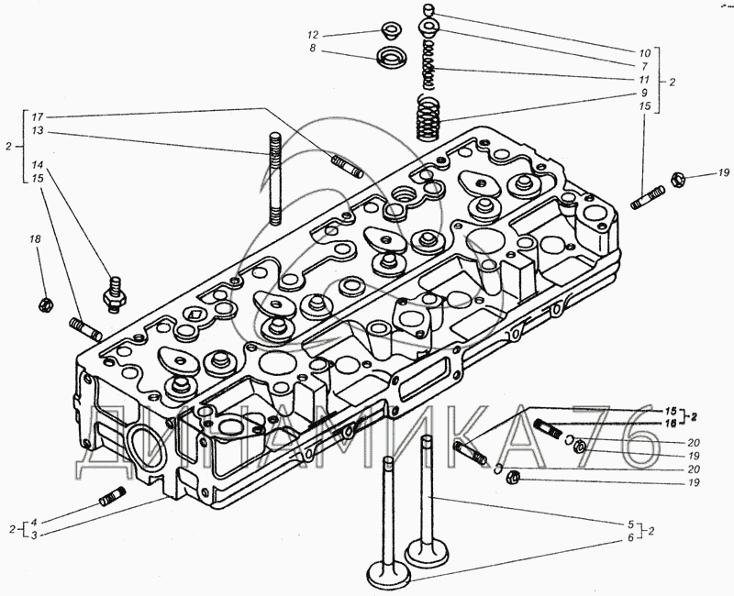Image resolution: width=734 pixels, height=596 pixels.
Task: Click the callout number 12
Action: pyautogui.click(x=313, y=35)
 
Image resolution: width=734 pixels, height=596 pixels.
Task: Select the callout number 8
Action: pyautogui.click(x=313, y=49)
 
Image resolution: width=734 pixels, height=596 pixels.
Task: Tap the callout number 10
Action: pyautogui.click(x=645, y=52)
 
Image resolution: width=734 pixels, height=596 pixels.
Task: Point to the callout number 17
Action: pyautogui.click(x=37, y=117)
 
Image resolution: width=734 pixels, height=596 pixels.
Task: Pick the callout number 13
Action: pyautogui.click(x=37, y=132)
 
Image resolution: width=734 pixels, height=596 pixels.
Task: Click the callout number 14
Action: pyautogui.click(x=37, y=166)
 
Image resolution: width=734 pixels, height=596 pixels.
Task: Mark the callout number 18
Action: pyautogui.click(x=36, y=239)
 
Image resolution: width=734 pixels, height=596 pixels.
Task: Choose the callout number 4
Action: pyautogui.click(x=35, y=522)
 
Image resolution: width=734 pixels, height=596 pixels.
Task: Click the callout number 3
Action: pyautogui.click(x=35, y=535)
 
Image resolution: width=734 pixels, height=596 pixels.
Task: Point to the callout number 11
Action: pyautogui.click(x=645, y=80)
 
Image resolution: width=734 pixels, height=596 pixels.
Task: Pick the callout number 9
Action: pyautogui.click(x=645, y=93)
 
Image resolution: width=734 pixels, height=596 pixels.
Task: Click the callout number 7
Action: pyautogui.click(x=645, y=66)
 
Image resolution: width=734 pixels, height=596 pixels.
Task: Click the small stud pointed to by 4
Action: pyautogui.click(x=109, y=499)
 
